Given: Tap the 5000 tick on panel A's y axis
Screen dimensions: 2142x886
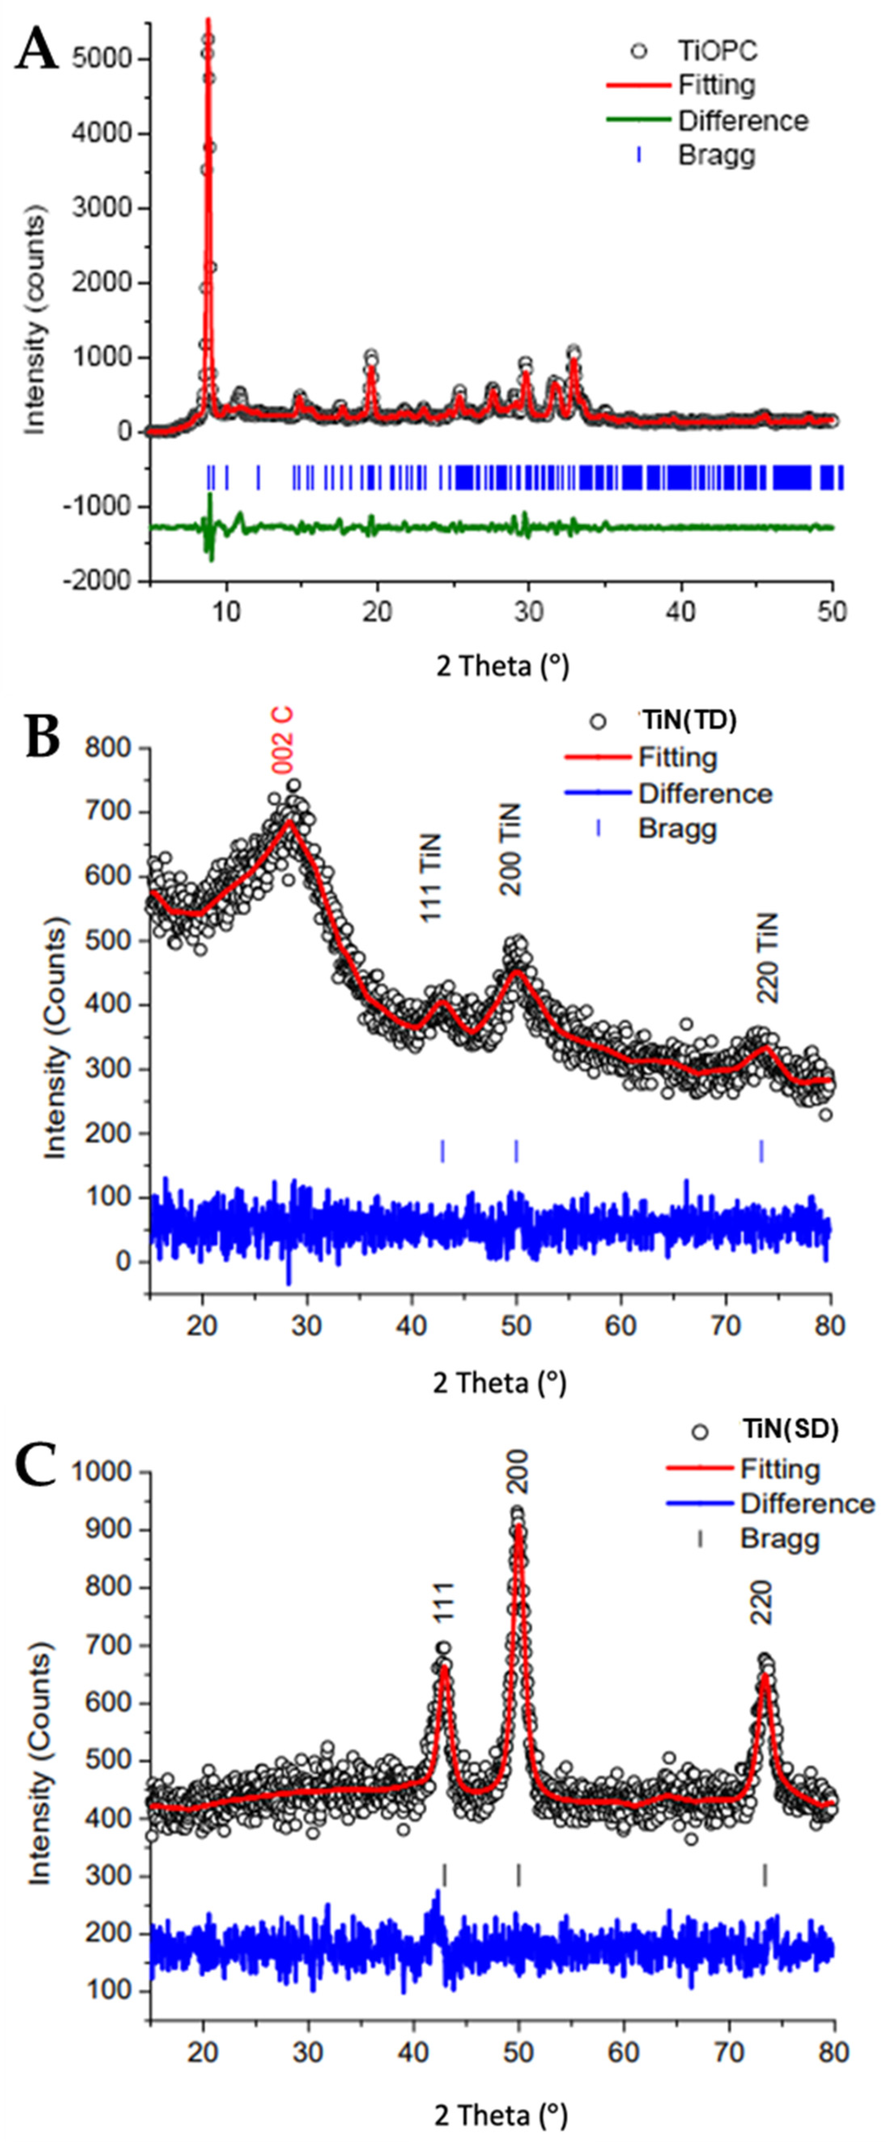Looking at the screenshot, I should pyautogui.click(x=102, y=58).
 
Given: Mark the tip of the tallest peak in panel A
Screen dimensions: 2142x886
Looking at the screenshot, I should pyautogui.click(x=208, y=20).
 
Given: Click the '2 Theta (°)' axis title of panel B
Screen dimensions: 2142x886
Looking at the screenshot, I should pyautogui.click(x=499, y=1383).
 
